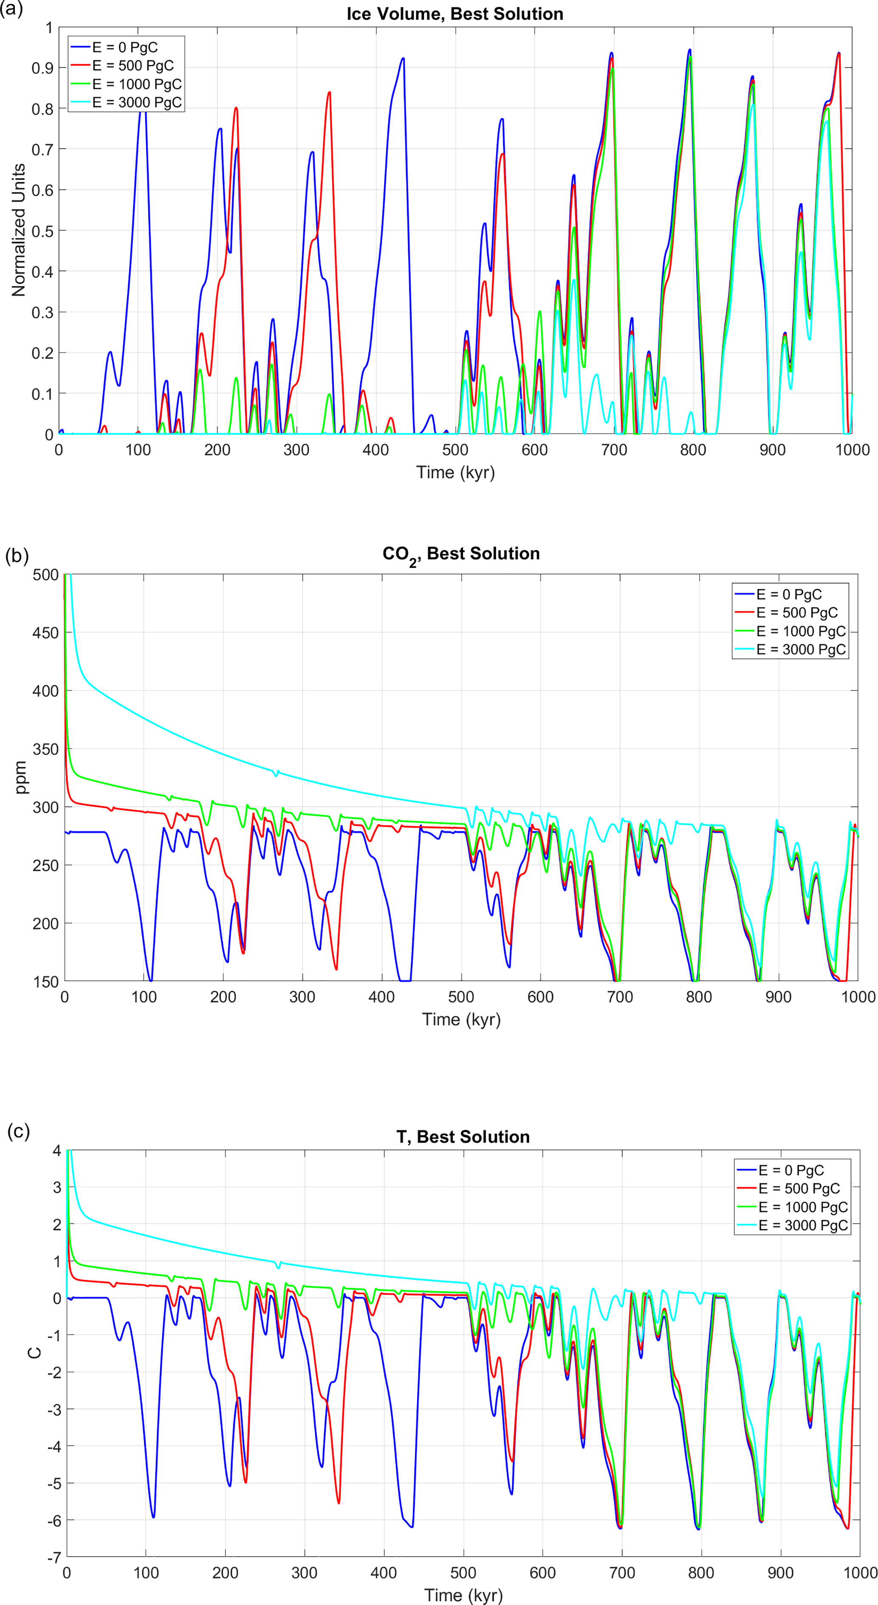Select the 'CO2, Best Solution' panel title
click(x=461, y=554)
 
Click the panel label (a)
click(x=12, y=9)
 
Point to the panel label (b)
click(x=17, y=555)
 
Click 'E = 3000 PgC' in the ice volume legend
click(x=137, y=102)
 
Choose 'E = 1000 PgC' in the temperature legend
click(x=803, y=1207)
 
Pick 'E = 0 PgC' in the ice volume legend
click(x=124, y=47)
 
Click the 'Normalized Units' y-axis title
click(x=18, y=230)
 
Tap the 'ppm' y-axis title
click(x=21, y=777)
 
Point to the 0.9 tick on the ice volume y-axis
click(x=42, y=68)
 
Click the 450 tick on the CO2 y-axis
click(x=45, y=632)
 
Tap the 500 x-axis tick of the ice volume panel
click(x=455, y=450)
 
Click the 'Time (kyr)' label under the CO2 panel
click(x=461, y=1019)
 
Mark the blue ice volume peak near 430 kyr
click(x=403, y=59)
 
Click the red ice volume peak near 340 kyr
click(x=329, y=92)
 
